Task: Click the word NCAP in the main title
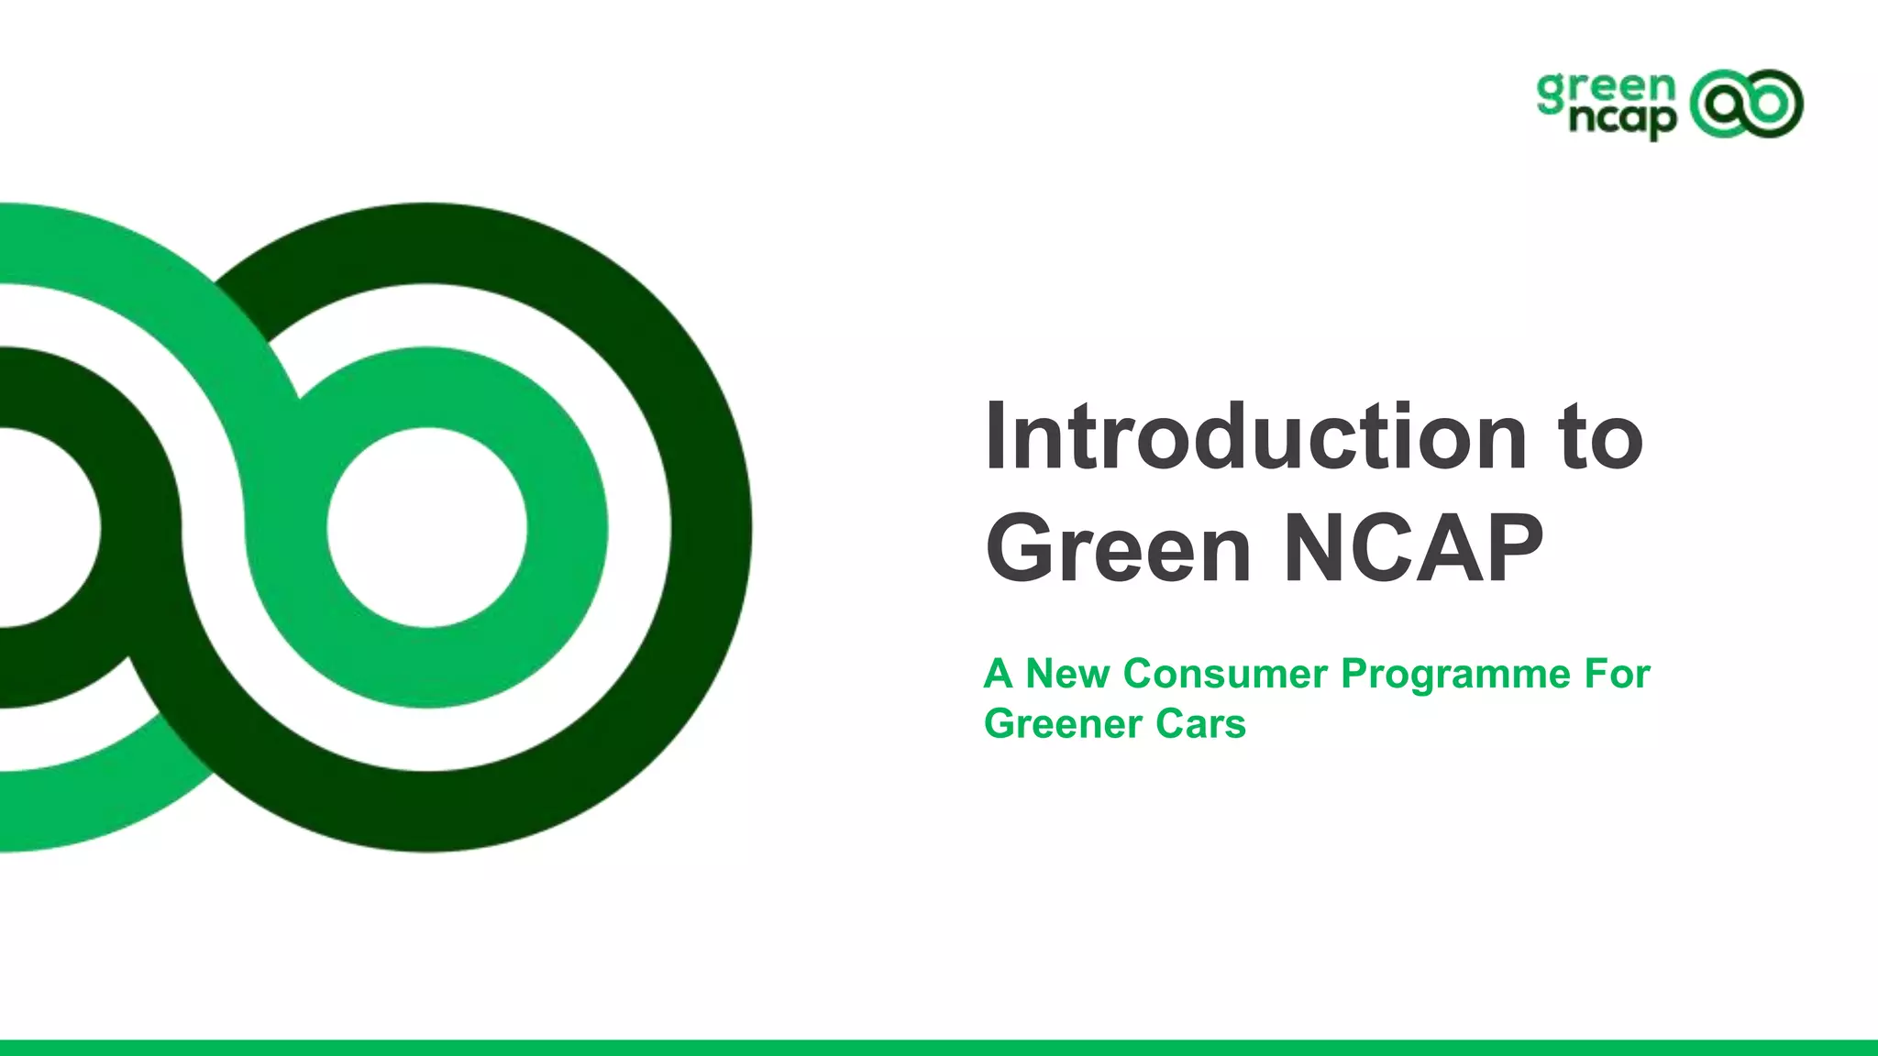coord(1413,548)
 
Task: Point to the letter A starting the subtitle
coord(998,674)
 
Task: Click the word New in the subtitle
coord(1066,674)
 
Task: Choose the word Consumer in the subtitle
coord(1224,674)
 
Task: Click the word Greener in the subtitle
coord(1062,724)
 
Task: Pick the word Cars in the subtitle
coord(1200,724)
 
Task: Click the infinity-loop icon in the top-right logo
coord(1746,104)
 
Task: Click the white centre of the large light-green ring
coord(427,529)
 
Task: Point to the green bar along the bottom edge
coord(939,1048)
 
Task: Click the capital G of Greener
coord(1000,724)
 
